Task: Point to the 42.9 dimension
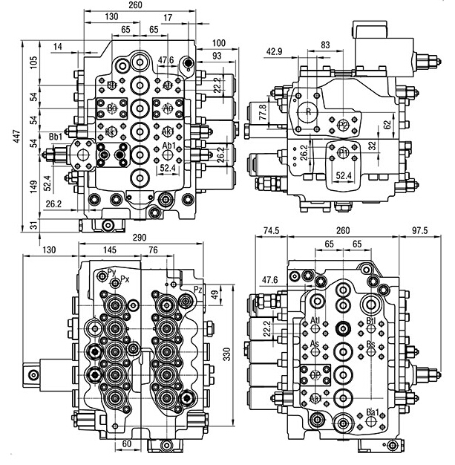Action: coord(275,51)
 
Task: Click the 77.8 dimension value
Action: coord(263,112)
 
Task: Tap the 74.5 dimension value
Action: coord(272,231)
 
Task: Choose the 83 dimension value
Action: coord(326,45)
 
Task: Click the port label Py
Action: coord(111,272)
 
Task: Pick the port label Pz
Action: coord(197,288)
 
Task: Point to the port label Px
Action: coord(125,279)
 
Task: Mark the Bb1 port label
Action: coord(55,136)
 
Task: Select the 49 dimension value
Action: coord(215,295)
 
